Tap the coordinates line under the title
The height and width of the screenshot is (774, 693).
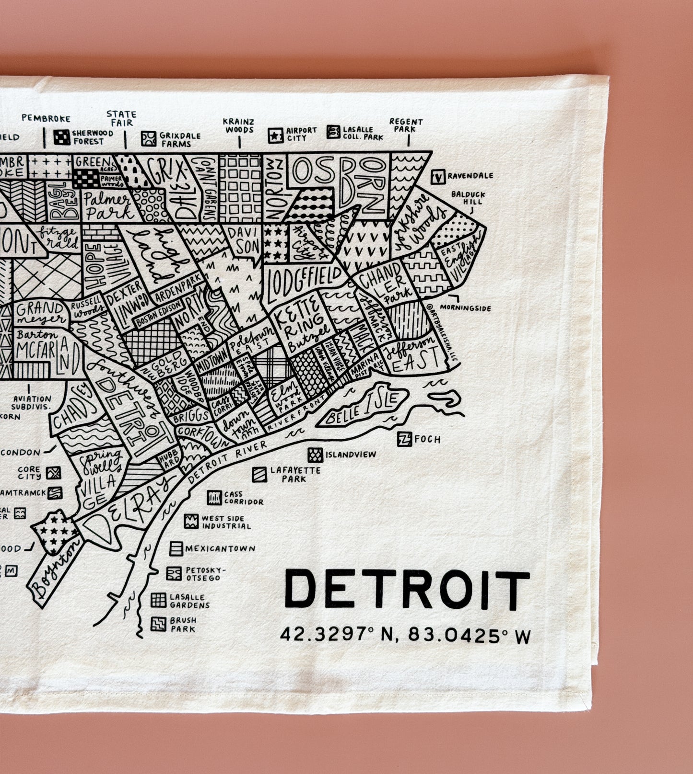[405, 636]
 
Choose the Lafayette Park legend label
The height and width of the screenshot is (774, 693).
[295, 474]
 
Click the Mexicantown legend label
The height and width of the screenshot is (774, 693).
[220, 548]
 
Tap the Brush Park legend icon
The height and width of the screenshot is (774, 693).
[158, 624]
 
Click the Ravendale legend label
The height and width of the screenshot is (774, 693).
[470, 176]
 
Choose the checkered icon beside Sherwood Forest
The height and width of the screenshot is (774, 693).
[62, 137]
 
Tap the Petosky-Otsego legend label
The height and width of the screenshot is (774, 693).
[203, 574]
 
